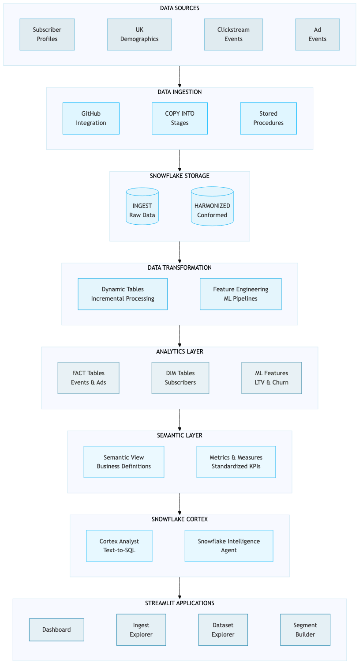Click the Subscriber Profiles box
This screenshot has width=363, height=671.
click(x=47, y=34)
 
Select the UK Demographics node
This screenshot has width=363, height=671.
click(x=139, y=34)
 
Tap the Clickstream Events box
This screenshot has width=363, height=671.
click(x=233, y=34)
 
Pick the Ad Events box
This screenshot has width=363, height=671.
click(x=317, y=34)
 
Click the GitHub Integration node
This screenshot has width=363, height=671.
click(x=91, y=118)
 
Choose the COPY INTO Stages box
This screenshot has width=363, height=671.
click(x=180, y=118)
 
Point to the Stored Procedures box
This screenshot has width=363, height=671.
click(x=268, y=118)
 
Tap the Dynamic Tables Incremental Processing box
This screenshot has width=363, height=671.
click(x=123, y=294)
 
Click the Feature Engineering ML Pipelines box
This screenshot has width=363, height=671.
click(x=240, y=294)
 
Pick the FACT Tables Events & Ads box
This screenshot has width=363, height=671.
click(x=88, y=378)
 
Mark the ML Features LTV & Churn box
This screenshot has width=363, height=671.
click(x=271, y=378)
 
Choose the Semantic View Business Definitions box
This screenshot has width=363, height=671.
click(x=123, y=462)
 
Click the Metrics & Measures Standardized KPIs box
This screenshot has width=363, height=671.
click(x=236, y=462)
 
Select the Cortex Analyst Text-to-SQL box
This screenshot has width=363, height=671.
click(x=119, y=546)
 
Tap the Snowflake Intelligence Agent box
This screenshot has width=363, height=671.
click(x=228, y=546)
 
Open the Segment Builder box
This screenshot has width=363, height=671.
click(x=305, y=630)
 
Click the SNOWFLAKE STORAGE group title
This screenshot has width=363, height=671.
click(x=180, y=176)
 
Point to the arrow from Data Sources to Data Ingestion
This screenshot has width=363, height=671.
click(x=180, y=76)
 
